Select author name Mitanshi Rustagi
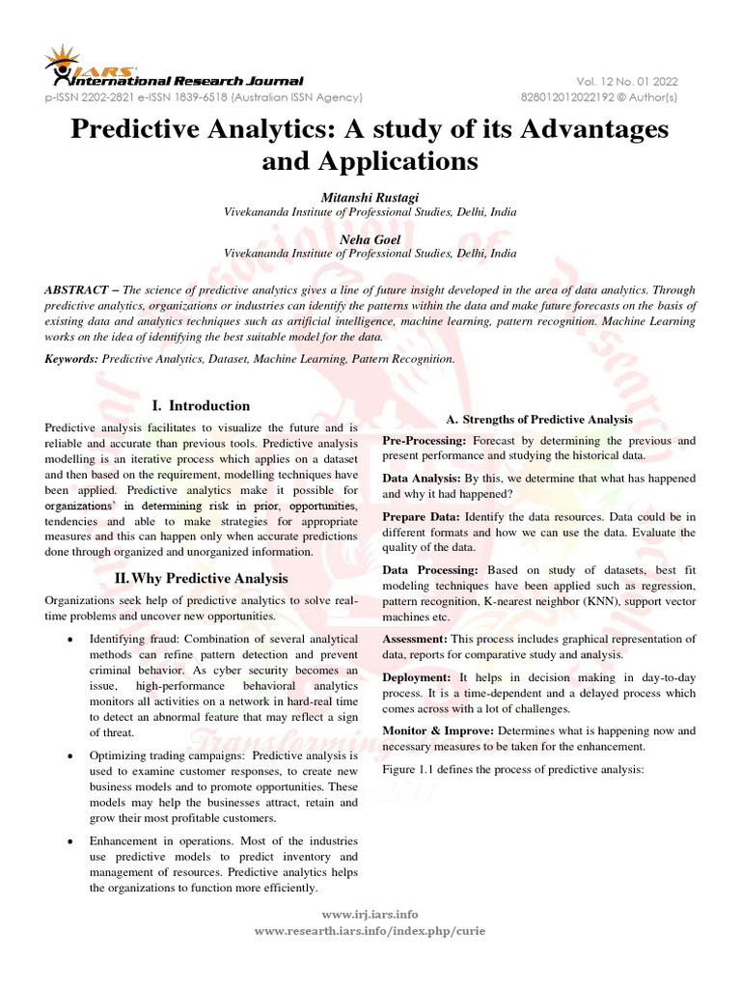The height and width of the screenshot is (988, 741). click(370, 196)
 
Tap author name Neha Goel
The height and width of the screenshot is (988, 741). click(370, 238)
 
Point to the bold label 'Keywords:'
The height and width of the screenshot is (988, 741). click(72, 358)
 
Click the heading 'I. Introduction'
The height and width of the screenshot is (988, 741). click(203, 405)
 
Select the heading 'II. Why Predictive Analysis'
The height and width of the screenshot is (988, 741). click(203, 578)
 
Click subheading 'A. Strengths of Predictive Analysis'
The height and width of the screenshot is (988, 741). click(538, 419)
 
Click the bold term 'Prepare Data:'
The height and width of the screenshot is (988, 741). click(421, 517)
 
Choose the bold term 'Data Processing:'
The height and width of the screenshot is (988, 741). click(430, 570)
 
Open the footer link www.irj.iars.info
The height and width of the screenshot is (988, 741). click(370, 914)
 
